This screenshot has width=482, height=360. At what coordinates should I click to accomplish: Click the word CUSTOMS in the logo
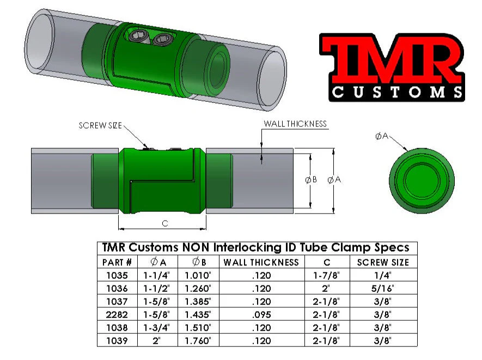[x=397, y=91]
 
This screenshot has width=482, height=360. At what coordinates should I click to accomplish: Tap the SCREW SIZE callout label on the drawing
[x=100, y=125]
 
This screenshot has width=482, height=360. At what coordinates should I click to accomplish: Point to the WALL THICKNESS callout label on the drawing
[x=295, y=124]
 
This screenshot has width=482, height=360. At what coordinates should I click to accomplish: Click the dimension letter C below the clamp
[x=164, y=223]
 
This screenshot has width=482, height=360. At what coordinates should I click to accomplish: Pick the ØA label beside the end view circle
[x=382, y=136]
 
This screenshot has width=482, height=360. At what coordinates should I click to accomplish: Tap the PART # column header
[x=117, y=262]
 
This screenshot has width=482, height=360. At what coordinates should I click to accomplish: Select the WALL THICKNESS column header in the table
[x=261, y=262]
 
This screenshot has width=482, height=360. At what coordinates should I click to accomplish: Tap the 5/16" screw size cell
[x=383, y=289]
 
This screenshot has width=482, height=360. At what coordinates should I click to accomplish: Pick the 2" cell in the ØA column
[x=158, y=341]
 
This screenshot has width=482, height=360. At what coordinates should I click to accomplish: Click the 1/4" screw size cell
[x=383, y=276]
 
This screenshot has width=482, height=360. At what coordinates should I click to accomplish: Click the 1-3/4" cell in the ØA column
[x=158, y=328]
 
